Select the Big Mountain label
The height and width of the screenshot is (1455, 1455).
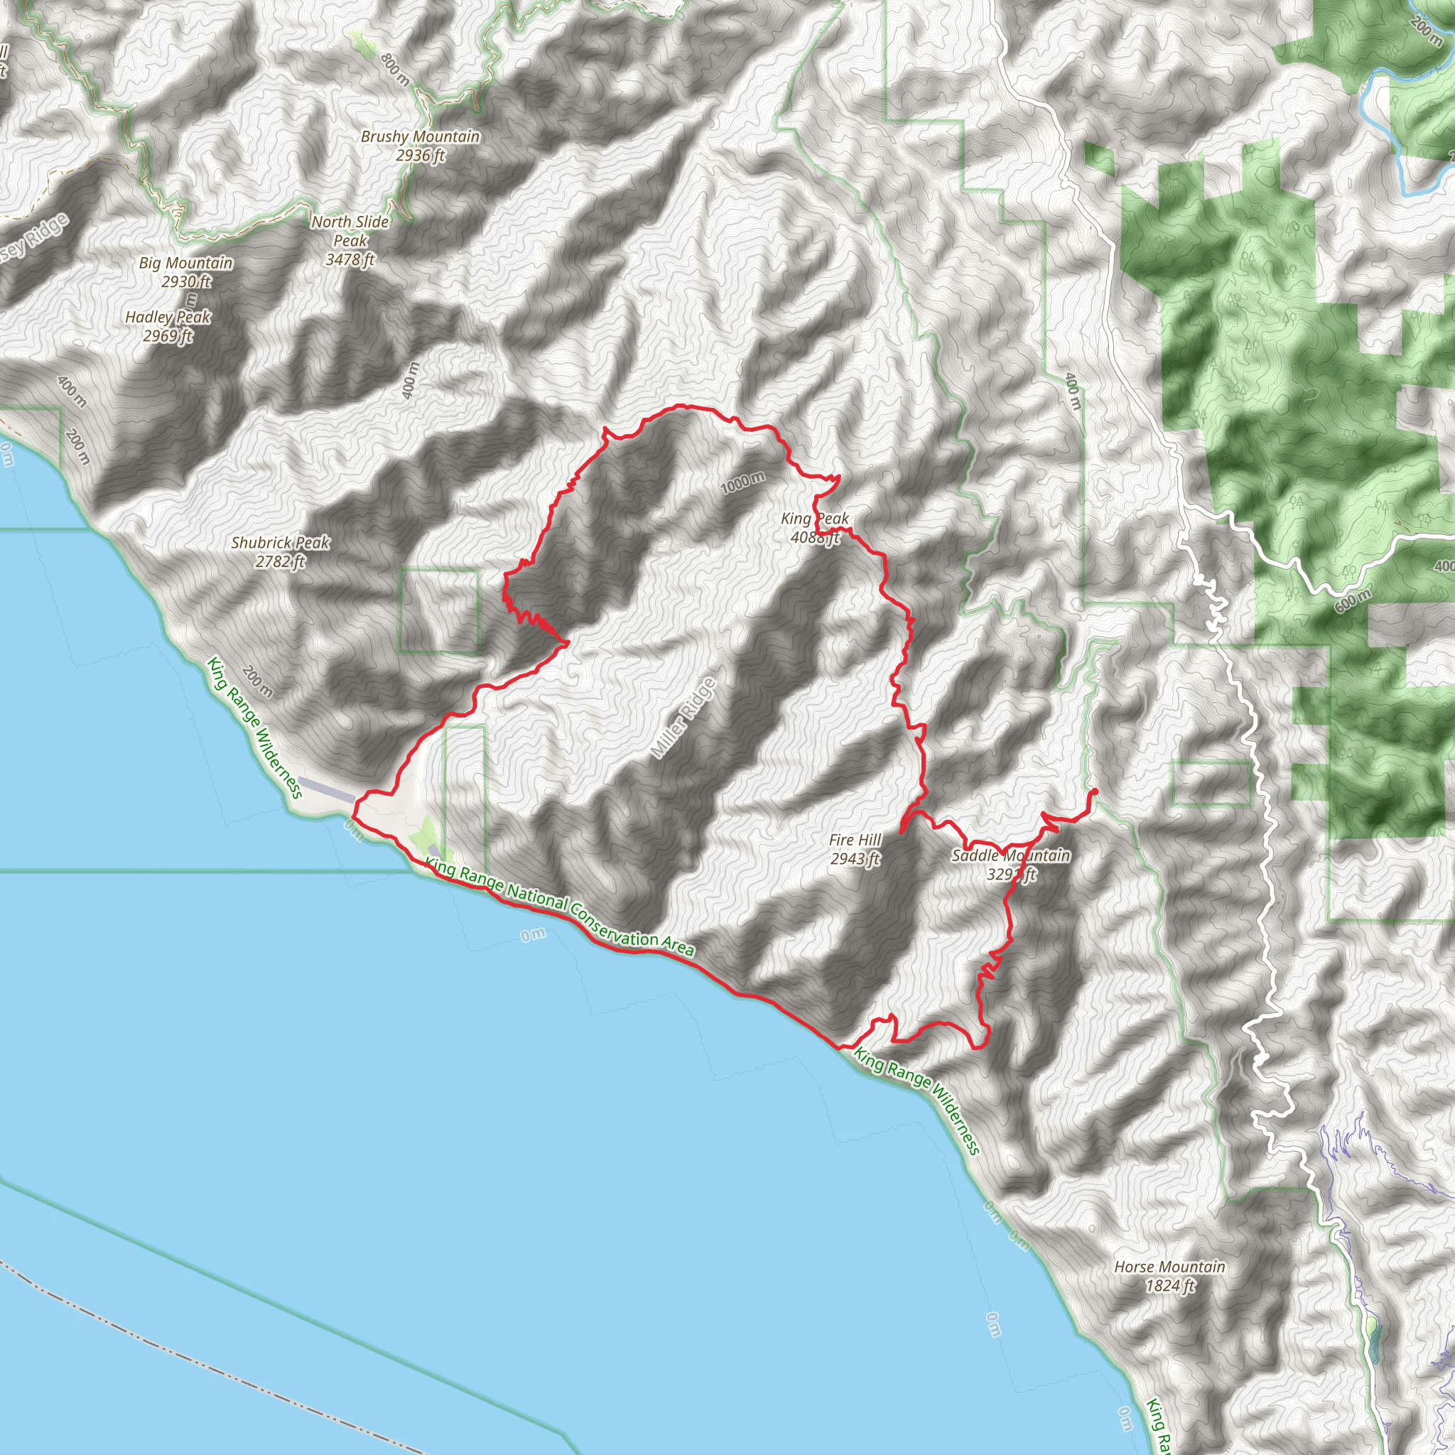pyautogui.click(x=186, y=263)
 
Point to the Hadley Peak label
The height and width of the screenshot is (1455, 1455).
pyautogui.click(x=168, y=317)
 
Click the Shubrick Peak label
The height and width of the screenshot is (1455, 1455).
pyautogui.click(x=280, y=542)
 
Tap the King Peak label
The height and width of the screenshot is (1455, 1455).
pyautogui.click(x=814, y=519)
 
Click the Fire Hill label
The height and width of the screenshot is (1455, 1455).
pyautogui.click(x=855, y=840)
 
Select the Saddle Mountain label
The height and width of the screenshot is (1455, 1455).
pyautogui.click(x=1011, y=855)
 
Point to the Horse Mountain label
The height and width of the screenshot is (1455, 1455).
pyautogui.click(x=1169, y=1267)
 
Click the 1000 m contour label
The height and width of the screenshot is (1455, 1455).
pyautogui.click(x=742, y=482)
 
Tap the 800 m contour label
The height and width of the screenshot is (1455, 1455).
pyautogui.click(x=396, y=70)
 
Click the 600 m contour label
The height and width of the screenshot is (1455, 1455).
pyautogui.click(x=1353, y=600)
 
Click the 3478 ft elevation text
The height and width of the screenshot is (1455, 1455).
pyautogui.click(x=350, y=260)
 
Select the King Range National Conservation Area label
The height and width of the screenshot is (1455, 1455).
pyautogui.click(x=559, y=909)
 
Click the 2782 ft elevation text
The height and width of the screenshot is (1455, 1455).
pyautogui.click(x=280, y=561)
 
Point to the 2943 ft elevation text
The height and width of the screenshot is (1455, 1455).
pyautogui.click(x=855, y=858)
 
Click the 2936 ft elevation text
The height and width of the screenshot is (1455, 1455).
pyautogui.click(x=421, y=155)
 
